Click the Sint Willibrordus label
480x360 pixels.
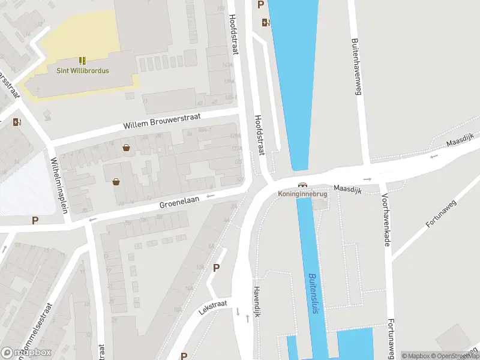[82, 71]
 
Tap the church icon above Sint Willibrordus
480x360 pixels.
[82, 61]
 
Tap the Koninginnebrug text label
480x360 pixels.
[302, 194]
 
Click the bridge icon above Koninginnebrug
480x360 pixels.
[302, 185]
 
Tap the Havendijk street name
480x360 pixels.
[256, 296]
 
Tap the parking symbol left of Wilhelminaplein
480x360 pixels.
[35, 220]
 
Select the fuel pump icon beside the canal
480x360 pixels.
[266, 23]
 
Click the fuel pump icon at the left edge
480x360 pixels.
[17, 122]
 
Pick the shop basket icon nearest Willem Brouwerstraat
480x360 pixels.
[126, 148]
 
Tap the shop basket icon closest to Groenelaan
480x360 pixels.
[116, 181]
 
